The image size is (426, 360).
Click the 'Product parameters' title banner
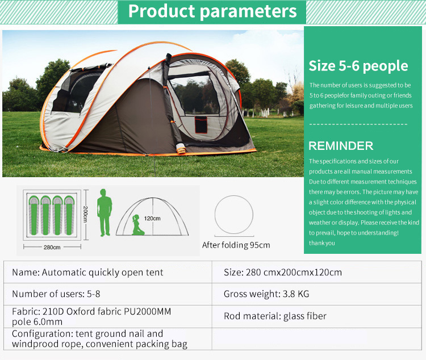pyautogui.click(x=212, y=11)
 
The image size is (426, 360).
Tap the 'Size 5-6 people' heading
pyautogui.click(x=358, y=66)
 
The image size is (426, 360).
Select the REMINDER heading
pyautogui.click(x=341, y=145)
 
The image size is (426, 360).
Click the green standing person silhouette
pyautogui.click(x=104, y=212)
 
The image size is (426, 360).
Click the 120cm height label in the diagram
pyautogui.click(x=152, y=218)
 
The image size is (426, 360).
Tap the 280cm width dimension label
pyautogui.click(x=52, y=247)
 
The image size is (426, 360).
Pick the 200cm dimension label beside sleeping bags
pyautogui.click(x=86, y=215)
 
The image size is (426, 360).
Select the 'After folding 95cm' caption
pyautogui.click(x=236, y=245)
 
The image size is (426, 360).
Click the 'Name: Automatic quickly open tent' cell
pyautogui.click(x=87, y=273)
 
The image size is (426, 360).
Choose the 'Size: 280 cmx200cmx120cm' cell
pyautogui.click(x=283, y=273)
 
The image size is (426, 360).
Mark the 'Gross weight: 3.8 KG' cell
pyautogui.click(x=266, y=294)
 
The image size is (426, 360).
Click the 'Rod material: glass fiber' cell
pyautogui.click(x=275, y=316)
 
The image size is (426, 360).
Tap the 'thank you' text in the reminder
pyautogui.click(x=322, y=243)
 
